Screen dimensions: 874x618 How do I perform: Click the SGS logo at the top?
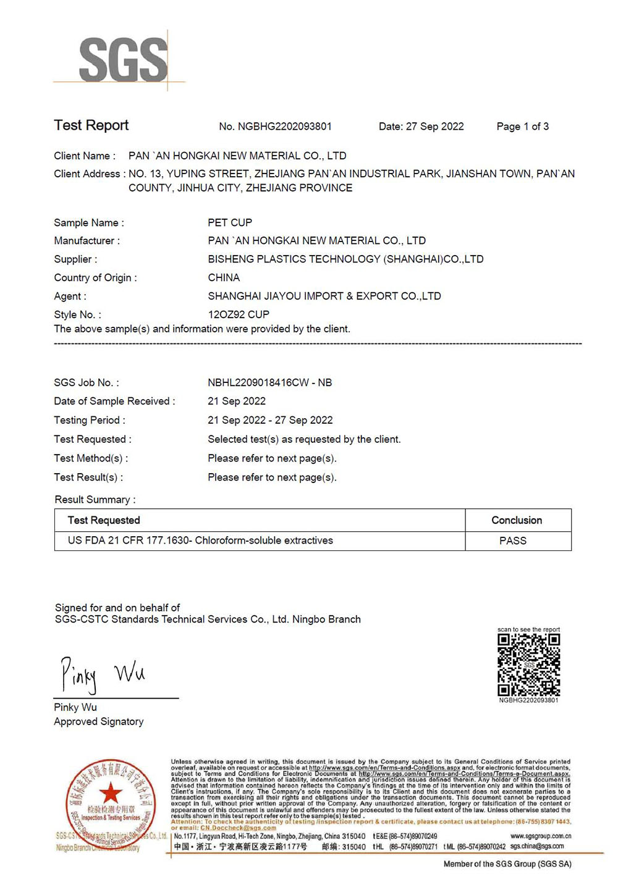[x=123, y=59]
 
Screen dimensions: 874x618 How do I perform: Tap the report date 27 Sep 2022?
[x=434, y=127]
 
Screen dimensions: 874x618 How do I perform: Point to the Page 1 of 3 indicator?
[x=522, y=127]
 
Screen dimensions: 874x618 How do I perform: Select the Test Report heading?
[x=91, y=125]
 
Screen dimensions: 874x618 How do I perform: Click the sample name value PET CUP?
[x=230, y=222]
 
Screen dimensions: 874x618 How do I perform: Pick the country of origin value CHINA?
[x=224, y=277]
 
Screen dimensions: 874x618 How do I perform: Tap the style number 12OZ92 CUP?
[x=239, y=314]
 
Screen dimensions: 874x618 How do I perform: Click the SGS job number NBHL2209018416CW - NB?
[x=269, y=383]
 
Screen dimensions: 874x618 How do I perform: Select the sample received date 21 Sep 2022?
[x=237, y=401]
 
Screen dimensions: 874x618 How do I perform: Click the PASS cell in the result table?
[x=513, y=540]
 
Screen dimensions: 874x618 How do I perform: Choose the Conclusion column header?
[x=517, y=520]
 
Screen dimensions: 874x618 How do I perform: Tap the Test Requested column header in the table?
[x=104, y=520]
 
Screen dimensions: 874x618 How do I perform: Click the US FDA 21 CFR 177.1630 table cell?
[x=200, y=540]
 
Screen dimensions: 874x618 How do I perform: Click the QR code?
[x=529, y=665]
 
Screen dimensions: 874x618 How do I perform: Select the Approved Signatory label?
[x=99, y=721]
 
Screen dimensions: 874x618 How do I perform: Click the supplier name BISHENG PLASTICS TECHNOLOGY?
[x=345, y=259]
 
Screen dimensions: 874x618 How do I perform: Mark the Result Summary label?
[x=95, y=500]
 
